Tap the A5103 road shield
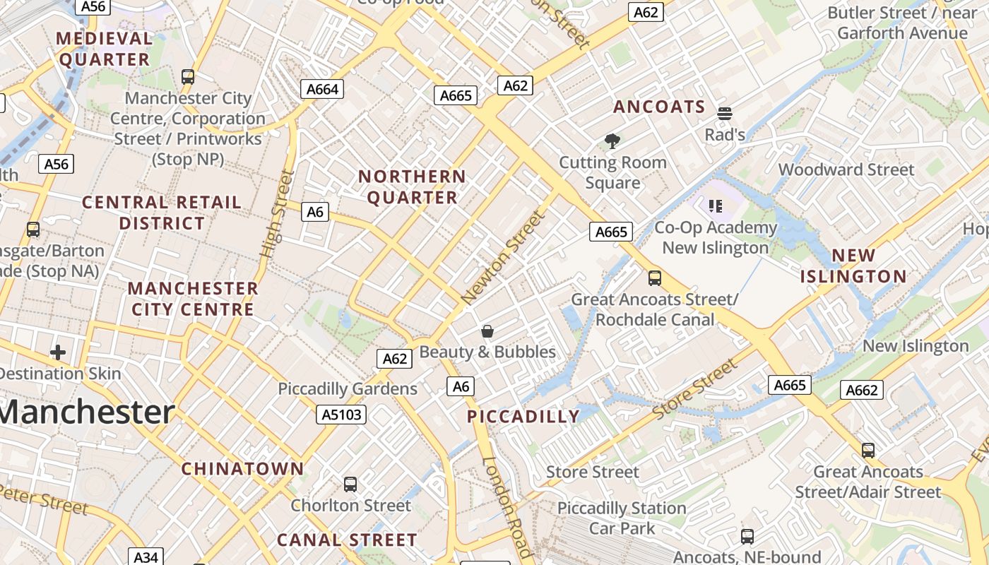(x=341, y=415)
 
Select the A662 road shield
(x=862, y=390)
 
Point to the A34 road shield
(x=146, y=557)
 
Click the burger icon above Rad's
(x=724, y=113)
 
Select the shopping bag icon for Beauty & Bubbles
(x=487, y=331)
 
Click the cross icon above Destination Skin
(x=58, y=352)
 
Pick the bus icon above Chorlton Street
(x=350, y=484)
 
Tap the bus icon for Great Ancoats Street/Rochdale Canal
(x=655, y=278)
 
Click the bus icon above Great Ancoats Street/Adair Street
(x=868, y=451)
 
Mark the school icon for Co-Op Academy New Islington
(x=716, y=206)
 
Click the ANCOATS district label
(x=659, y=107)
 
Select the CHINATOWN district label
(x=242, y=469)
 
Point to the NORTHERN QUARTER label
(x=412, y=187)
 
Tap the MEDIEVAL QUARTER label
(x=105, y=49)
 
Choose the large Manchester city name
(x=86, y=412)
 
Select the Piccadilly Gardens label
(x=348, y=389)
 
